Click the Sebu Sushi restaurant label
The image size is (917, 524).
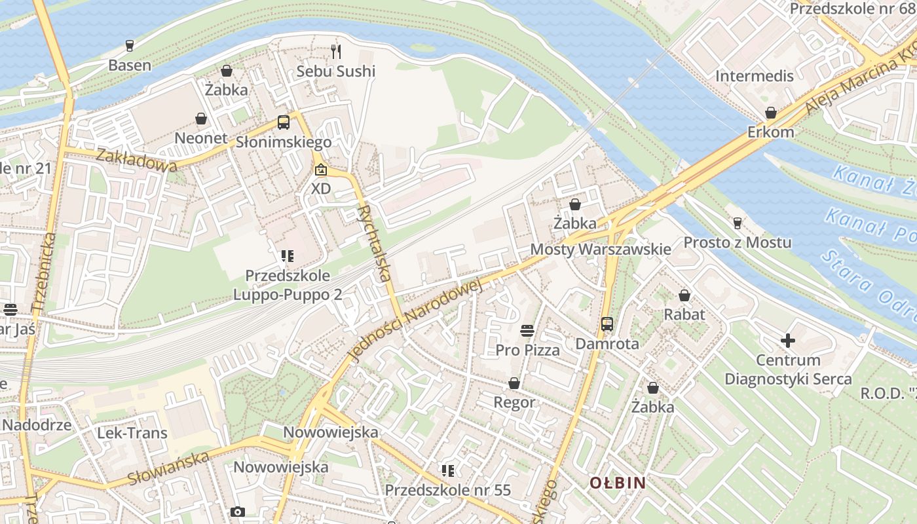(x=336, y=71)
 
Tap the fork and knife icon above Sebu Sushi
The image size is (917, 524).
(x=337, y=50)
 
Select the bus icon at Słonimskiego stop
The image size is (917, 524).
(x=284, y=122)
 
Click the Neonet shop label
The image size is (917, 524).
(x=201, y=138)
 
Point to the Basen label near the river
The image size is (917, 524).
(x=130, y=65)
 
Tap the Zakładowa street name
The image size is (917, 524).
(x=136, y=160)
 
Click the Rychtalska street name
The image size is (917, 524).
(x=375, y=243)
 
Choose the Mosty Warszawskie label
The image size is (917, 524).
(x=600, y=249)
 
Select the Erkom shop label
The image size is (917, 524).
(x=770, y=132)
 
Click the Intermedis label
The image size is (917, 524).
(x=755, y=76)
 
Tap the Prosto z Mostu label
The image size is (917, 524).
(x=738, y=242)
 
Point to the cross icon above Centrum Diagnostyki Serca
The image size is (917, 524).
(x=788, y=341)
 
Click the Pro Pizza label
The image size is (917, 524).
(x=528, y=350)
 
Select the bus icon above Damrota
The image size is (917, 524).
(x=607, y=324)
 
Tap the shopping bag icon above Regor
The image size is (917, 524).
(x=514, y=383)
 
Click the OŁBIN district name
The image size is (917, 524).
(x=618, y=483)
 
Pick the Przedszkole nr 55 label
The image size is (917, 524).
(x=447, y=490)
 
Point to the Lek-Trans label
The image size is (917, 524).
(x=132, y=433)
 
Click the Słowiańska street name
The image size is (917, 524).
(x=168, y=468)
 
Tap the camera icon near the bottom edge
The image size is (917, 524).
(x=238, y=512)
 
